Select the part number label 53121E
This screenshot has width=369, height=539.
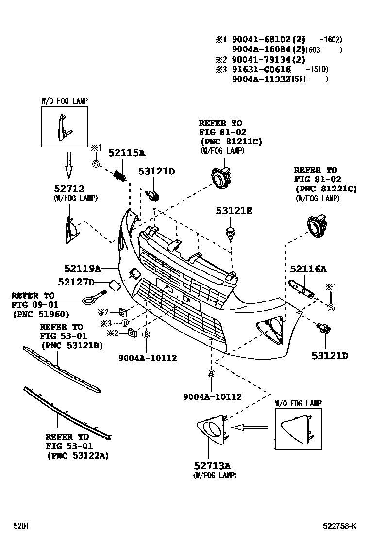pos(235,211)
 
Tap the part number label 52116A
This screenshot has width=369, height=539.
pos(308,269)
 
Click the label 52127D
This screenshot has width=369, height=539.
pos(76,282)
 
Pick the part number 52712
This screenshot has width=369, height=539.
pos(69,189)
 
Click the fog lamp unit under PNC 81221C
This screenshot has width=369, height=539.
pos(317,225)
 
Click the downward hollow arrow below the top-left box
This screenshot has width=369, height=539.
pos(69,165)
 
